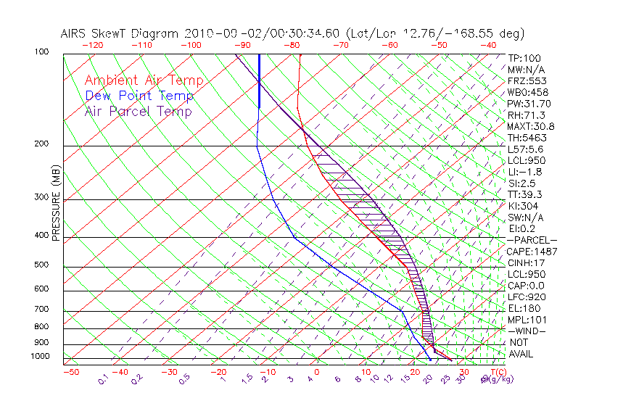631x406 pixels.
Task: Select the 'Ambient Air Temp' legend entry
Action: pyautogui.click(x=144, y=80)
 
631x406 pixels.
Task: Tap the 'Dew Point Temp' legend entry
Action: pyautogui.click(x=139, y=96)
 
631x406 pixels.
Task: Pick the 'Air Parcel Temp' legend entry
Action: pyautogui.click(x=138, y=111)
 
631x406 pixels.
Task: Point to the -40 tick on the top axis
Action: pyautogui.click(x=488, y=45)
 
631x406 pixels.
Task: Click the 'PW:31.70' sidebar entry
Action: pyautogui.click(x=529, y=104)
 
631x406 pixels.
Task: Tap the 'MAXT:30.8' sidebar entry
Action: pyautogui.click(x=532, y=126)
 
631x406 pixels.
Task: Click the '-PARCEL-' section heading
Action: pyautogui.click(x=532, y=240)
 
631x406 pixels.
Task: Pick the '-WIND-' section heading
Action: pyautogui.click(x=528, y=331)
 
